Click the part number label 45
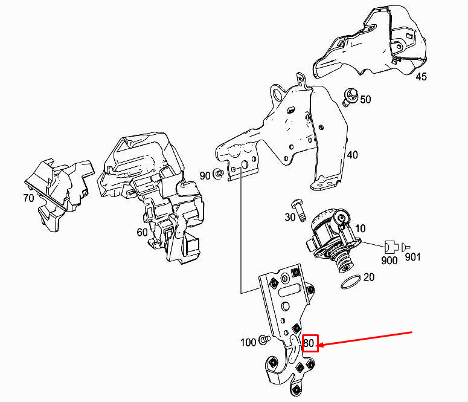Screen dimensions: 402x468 pyautogui.click(x=421, y=77)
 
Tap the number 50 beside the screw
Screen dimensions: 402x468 pyautogui.click(x=365, y=99)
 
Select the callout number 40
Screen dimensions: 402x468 pyautogui.click(x=352, y=155)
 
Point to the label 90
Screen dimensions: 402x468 pyautogui.click(x=205, y=175)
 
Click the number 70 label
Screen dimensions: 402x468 pyautogui.click(x=28, y=198)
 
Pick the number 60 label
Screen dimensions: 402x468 pyautogui.click(x=142, y=232)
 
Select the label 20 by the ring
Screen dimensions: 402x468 pyautogui.click(x=368, y=277)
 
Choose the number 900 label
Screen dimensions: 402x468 pyautogui.click(x=390, y=260)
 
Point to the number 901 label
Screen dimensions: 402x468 pyautogui.click(x=412, y=258)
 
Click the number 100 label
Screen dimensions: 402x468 pyautogui.click(x=248, y=343)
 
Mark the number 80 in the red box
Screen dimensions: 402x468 pyautogui.click(x=310, y=343)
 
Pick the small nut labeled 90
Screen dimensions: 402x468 pyautogui.click(x=219, y=175)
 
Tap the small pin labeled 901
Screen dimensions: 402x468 pyautogui.click(x=404, y=246)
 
